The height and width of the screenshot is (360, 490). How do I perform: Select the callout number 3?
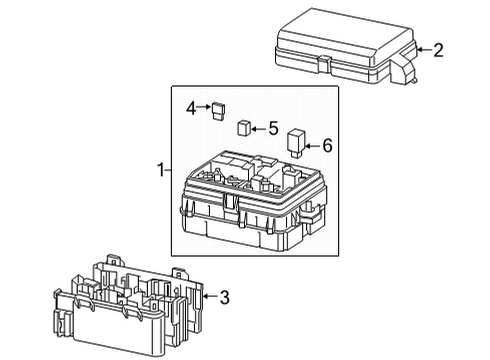click(225, 296)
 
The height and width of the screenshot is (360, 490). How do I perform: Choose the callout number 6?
click(327, 145)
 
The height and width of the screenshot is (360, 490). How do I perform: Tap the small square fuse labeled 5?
click(244, 128)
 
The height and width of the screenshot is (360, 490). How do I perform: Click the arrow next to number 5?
click(257, 128)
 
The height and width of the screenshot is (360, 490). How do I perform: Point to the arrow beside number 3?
click(208, 296)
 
